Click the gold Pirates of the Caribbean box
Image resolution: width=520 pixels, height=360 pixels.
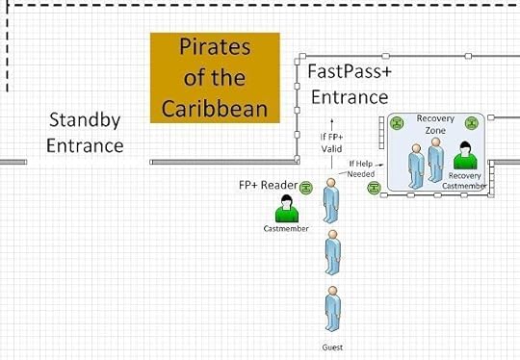pyautogui.click(x=215, y=77)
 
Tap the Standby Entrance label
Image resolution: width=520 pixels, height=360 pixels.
pyautogui.click(x=87, y=133)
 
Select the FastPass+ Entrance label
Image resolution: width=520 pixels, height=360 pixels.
pyautogui.click(x=348, y=84)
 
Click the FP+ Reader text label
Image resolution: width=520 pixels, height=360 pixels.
pyautogui.click(x=267, y=185)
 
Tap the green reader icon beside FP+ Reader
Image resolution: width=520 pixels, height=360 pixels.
pyautogui.click(x=306, y=186)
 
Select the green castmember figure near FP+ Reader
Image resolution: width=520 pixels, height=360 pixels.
pyautogui.click(x=285, y=209)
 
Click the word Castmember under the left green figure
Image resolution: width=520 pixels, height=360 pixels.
pyautogui.click(x=285, y=229)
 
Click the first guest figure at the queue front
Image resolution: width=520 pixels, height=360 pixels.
pyautogui.click(x=331, y=200)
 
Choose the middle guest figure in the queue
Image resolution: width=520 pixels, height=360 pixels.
pyautogui.click(x=331, y=251)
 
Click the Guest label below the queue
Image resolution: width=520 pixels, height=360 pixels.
pyautogui.click(x=331, y=347)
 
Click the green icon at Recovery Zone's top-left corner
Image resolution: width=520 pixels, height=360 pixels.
pyautogui.click(x=396, y=123)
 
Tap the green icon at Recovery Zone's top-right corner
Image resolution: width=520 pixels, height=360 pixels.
pyautogui.click(x=472, y=123)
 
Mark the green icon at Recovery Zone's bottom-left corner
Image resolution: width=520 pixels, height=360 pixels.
pyautogui.click(x=373, y=187)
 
